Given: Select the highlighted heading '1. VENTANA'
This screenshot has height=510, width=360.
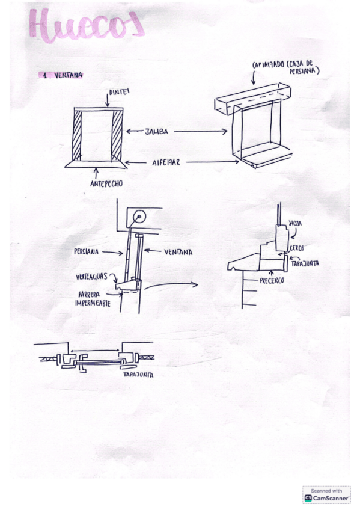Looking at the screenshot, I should click(x=62, y=75).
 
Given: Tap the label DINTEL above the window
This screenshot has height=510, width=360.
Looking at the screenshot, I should click(x=118, y=93).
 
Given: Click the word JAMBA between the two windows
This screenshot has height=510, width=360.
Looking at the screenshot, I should click(x=156, y=131).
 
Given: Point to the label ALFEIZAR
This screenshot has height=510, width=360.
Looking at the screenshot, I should click(x=165, y=162).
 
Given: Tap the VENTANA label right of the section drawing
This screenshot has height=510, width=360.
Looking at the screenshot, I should click(x=178, y=253).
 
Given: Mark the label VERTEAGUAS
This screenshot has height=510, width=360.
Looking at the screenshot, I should click(x=93, y=277).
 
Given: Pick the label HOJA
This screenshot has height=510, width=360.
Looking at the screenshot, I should click(x=295, y=223).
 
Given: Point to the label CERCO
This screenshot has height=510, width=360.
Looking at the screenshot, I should click(x=296, y=248).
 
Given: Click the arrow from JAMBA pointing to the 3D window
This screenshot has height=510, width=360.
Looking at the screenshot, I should click(x=201, y=131).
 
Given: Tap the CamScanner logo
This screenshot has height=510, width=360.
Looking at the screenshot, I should click(x=326, y=495).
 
